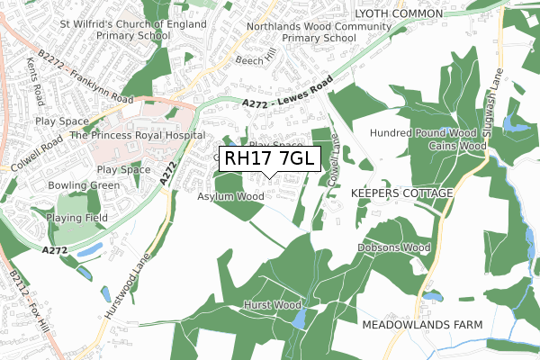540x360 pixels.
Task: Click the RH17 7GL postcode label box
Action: coord(268,158)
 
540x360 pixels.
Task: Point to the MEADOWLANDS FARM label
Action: coord(422,324)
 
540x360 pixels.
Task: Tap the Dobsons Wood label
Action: coord(394,247)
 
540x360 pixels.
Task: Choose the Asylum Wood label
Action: coord(231,195)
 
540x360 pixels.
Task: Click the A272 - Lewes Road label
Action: coord(288,94)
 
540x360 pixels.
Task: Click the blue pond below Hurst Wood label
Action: coord(300,319)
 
